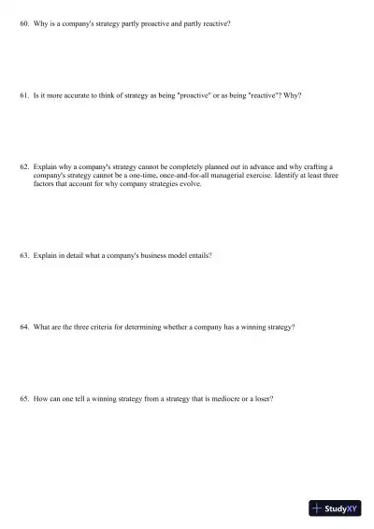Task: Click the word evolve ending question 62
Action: [x=190, y=184]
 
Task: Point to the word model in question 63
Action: [x=157, y=255]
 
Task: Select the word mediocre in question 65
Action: [x=208, y=399]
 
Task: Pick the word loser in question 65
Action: [x=261, y=399]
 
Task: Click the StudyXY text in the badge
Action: [x=343, y=508]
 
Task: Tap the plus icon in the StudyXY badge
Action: [x=318, y=508]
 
